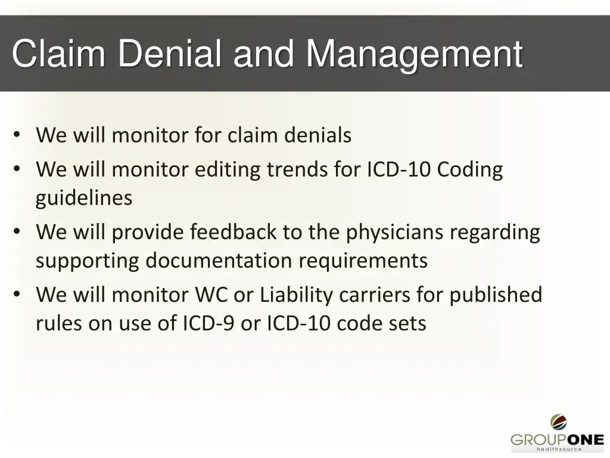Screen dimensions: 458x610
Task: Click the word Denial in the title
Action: [x=170, y=54]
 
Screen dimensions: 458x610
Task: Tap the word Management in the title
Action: [x=415, y=54]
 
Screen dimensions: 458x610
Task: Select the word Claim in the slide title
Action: [x=58, y=54]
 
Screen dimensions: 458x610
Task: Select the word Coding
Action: [x=470, y=170]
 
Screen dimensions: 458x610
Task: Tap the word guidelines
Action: [x=84, y=198]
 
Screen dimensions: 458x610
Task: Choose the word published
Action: [x=496, y=295]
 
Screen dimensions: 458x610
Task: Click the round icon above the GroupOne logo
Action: [x=558, y=422]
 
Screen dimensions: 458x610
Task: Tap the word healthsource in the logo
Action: [x=558, y=449]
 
